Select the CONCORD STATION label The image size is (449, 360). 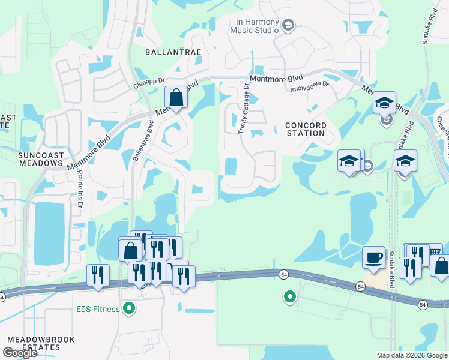[x=306, y=130]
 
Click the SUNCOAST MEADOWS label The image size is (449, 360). [x=41, y=159]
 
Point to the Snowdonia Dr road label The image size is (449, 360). [x=310, y=84]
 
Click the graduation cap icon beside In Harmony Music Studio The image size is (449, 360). [x=288, y=25]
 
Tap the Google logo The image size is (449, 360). [x=20, y=353]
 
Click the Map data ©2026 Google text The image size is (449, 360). [x=411, y=355]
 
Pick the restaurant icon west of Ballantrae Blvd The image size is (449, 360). [x=98, y=276]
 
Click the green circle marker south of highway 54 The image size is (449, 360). [x=289, y=296]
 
